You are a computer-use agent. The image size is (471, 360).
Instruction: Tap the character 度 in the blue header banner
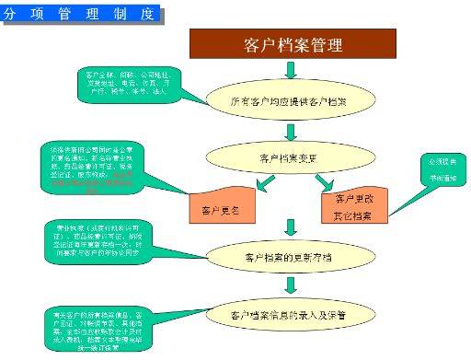click(150, 16)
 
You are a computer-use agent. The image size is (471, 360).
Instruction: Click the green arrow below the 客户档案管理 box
click(292, 71)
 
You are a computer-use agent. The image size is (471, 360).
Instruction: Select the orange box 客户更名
click(220, 210)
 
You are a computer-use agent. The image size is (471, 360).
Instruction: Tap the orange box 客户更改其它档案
click(353, 207)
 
